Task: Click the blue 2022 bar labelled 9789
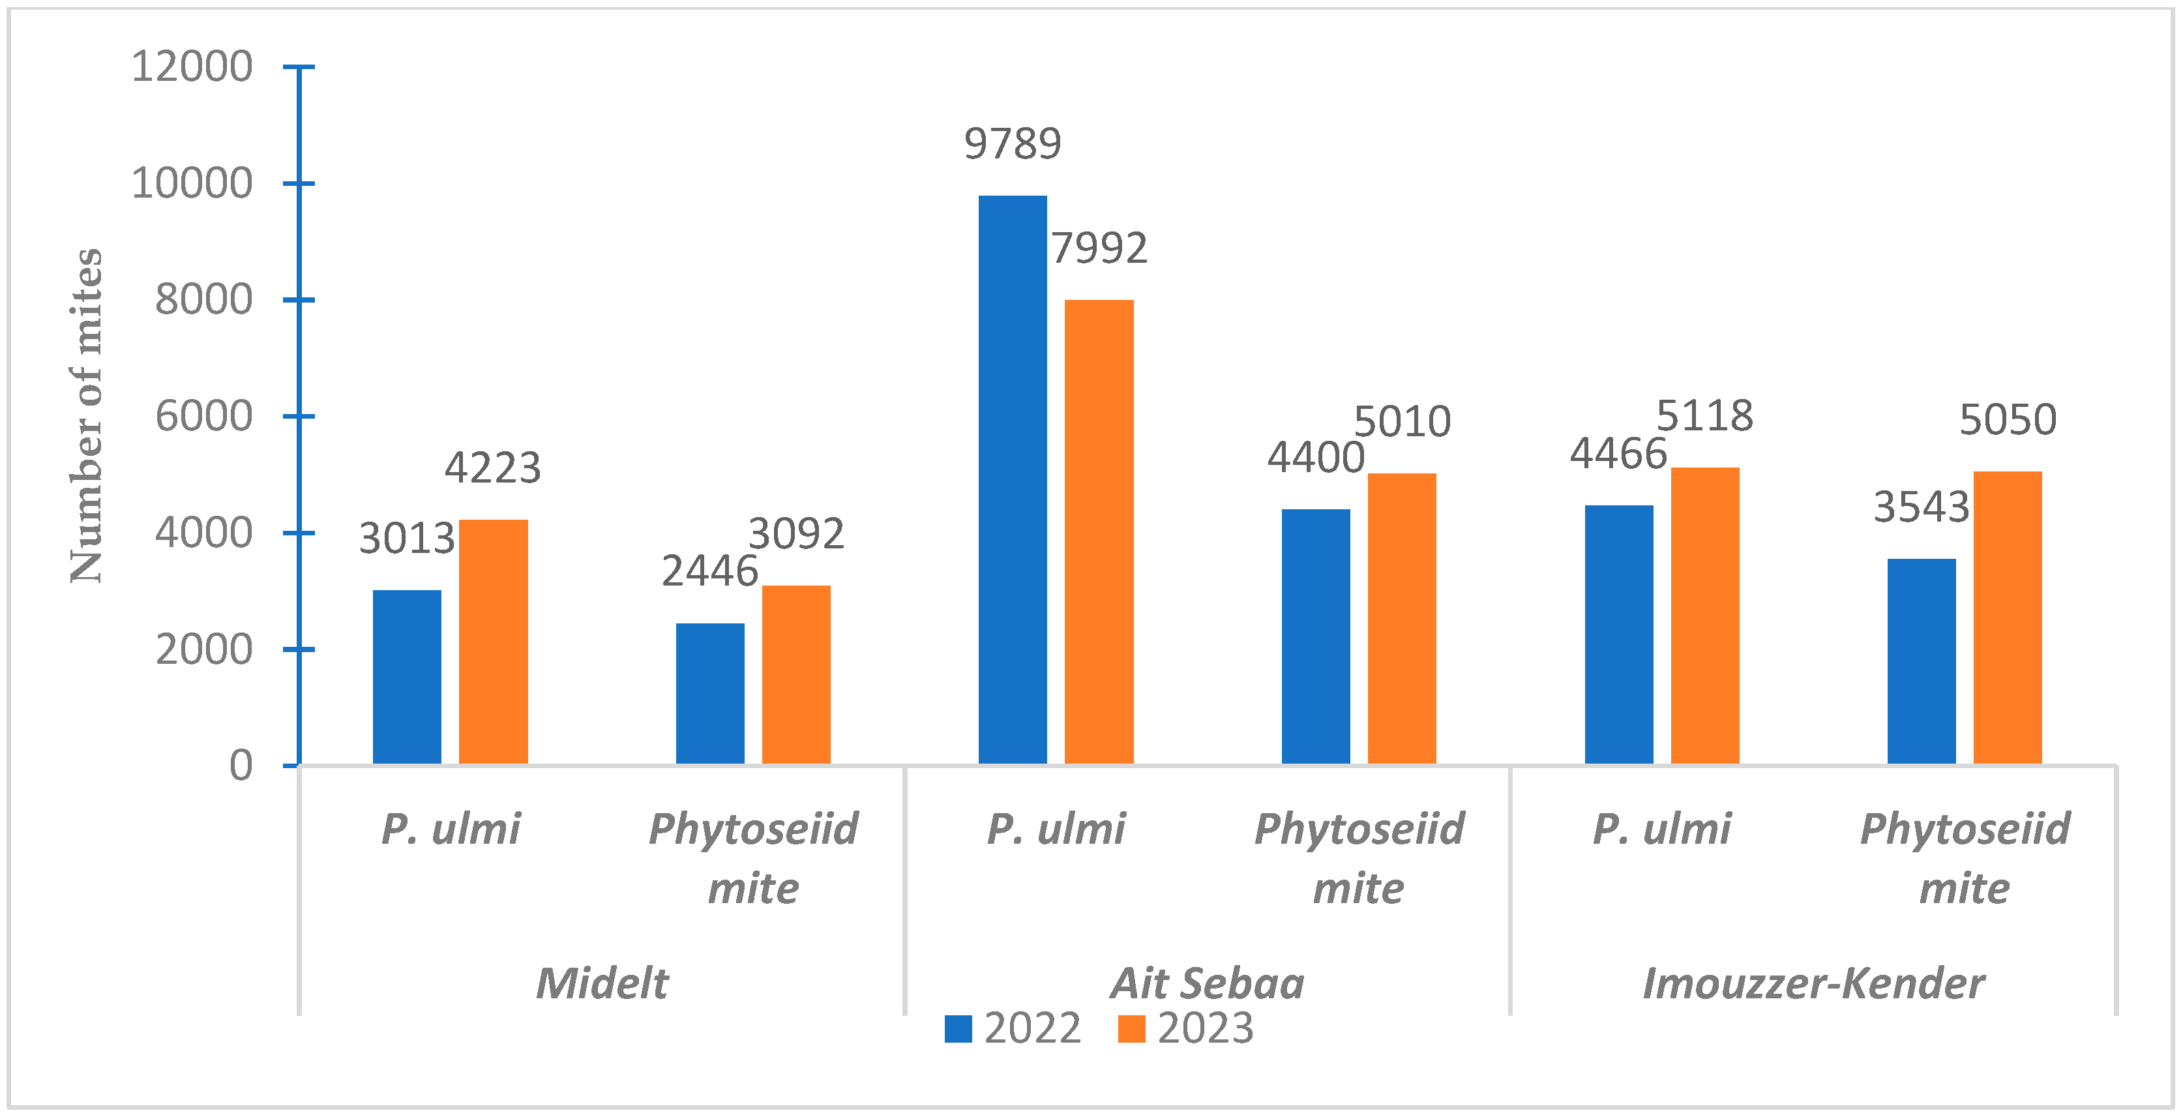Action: [1013, 480]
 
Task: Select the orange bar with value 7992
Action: [1099, 532]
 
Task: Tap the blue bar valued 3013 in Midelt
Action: [407, 677]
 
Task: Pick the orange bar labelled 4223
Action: [493, 642]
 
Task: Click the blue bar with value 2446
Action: [710, 693]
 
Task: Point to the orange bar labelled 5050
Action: [2008, 618]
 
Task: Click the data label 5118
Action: [1704, 416]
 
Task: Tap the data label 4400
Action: [1315, 458]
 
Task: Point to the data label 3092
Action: [795, 534]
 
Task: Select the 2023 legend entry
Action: [1187, 1028]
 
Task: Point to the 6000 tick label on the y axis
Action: [203, 416]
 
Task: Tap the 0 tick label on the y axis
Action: [241, 766]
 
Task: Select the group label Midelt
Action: [602, 983]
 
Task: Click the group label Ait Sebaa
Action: [1208, 983]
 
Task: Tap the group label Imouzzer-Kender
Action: [1813, 983]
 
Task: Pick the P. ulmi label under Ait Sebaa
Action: [1056, 828]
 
